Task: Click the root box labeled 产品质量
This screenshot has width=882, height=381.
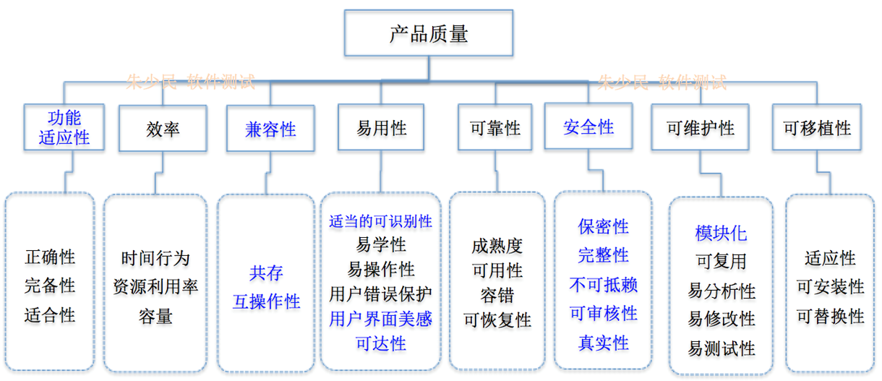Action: coord(429,33)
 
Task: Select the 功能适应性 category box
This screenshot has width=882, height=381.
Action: coord(64,128)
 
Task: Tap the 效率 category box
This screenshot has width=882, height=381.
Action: coord(162,129)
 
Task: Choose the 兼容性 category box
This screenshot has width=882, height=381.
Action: coord(270,129)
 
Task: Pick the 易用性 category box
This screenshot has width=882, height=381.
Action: coord(381,129)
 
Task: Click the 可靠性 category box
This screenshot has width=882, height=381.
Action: coord(495,129)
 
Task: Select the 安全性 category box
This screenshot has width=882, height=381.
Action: coord(588,128)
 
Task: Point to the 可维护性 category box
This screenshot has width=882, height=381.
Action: coord(700,129)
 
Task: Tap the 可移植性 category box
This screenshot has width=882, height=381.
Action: coord(817,129)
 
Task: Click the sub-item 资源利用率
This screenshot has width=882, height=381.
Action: coord(155,287)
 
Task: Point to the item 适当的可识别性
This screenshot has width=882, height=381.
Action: coord(380,221)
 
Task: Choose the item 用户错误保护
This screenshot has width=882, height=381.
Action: coord(380,294)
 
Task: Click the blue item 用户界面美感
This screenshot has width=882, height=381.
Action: coord(380,318)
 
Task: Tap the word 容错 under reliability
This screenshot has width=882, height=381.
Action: coord(497,295)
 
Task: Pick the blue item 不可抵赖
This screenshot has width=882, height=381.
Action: coord(603,284)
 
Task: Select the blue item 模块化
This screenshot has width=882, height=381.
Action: coord(721,234)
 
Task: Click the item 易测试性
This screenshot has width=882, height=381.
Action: coord(721,348)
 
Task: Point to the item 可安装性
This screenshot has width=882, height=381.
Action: coord(830,287)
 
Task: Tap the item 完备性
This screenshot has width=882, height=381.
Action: coord(50,286)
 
